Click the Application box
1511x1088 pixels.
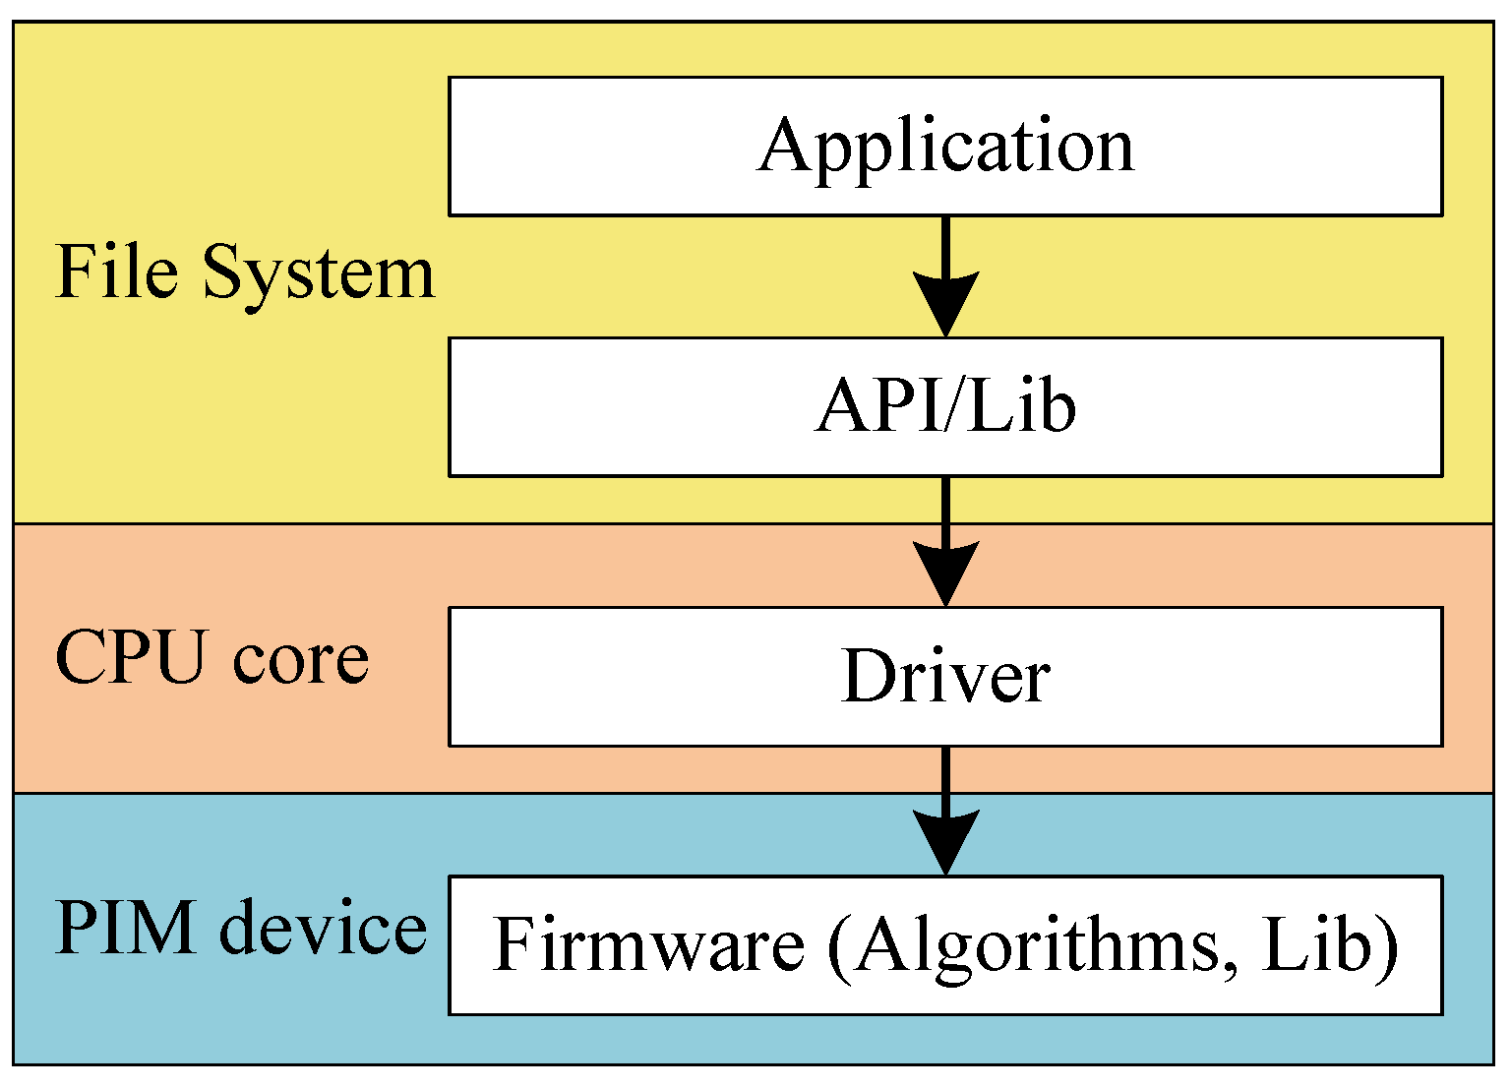coord(945,147)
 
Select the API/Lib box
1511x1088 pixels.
coord(945,407)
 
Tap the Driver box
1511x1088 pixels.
coord(945,677)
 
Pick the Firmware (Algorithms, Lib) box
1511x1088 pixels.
coord(945,945)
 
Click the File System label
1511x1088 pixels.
coord(244,272)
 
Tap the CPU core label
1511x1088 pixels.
coord(212,657)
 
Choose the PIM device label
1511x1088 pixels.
coord(241,928)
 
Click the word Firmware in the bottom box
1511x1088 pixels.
coord(648,944)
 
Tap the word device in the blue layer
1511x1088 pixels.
coord(324,928)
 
